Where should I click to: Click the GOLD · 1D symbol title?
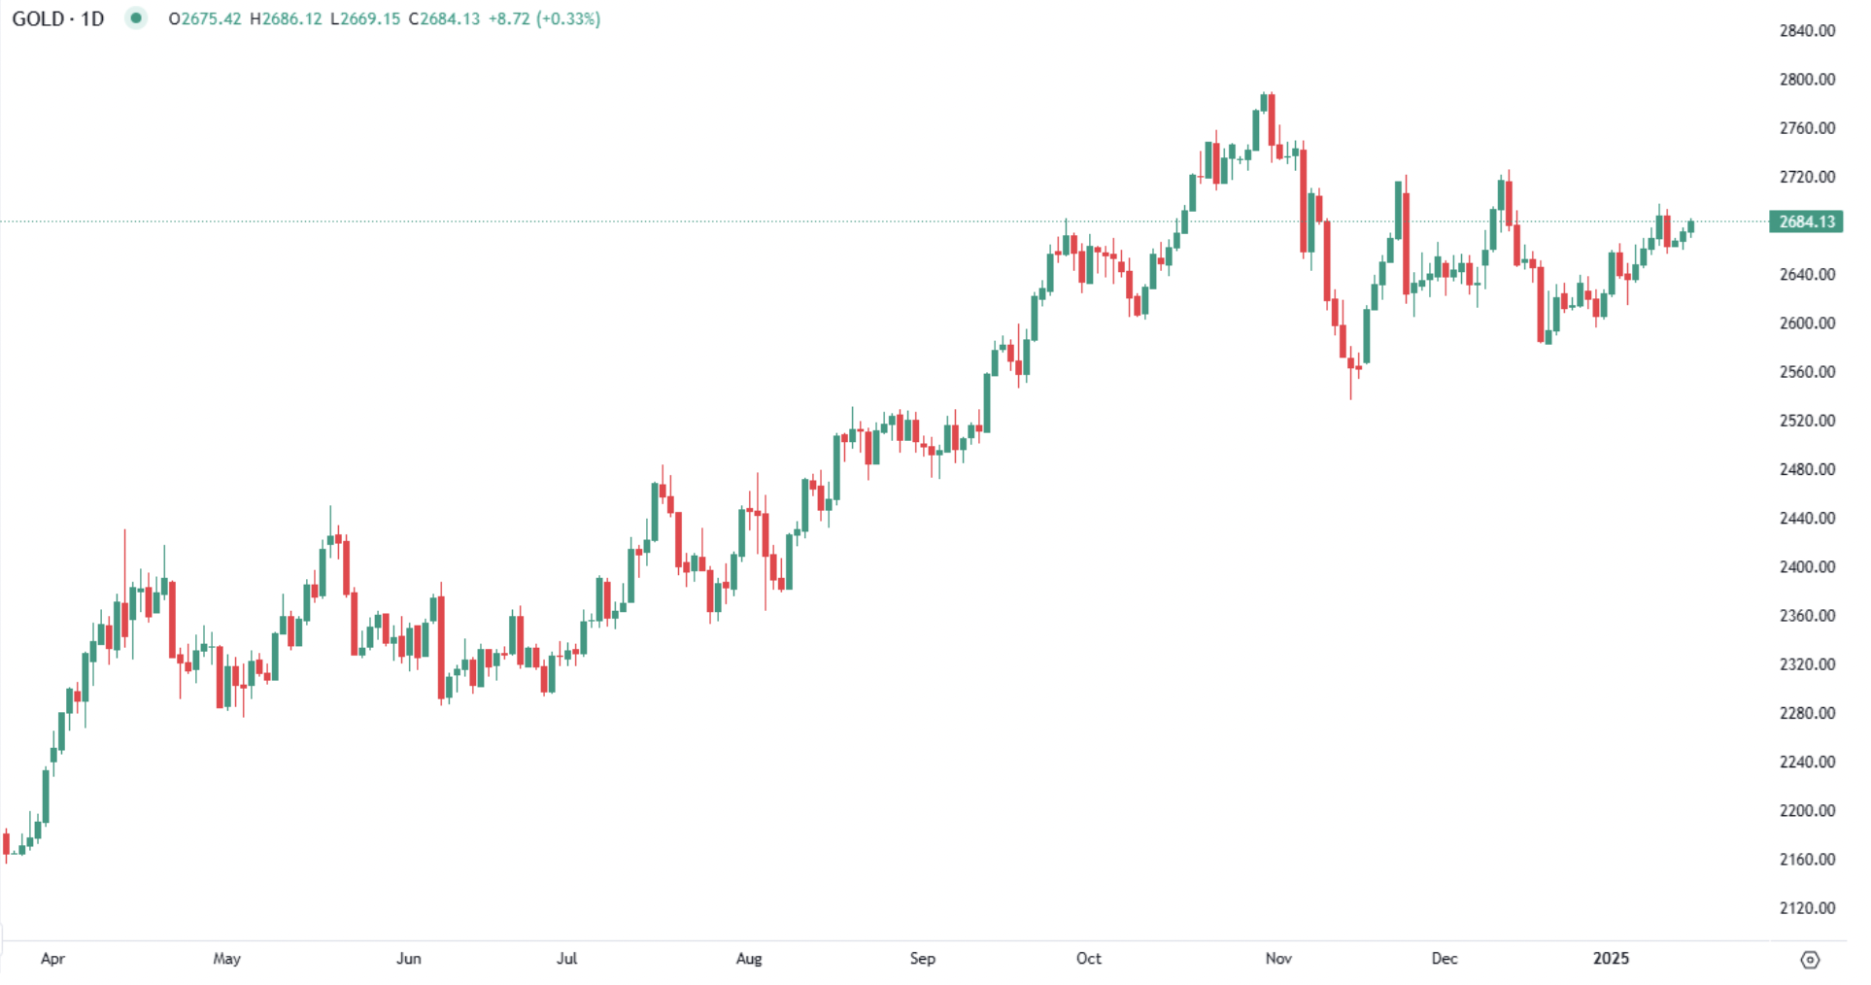pos(58,18)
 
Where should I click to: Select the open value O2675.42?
pos(205,18)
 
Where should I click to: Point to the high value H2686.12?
pos(286,18)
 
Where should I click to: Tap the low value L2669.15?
pos(365,18)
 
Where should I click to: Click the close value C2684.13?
pos(444,18)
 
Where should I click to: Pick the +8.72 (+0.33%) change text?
pos(544,18)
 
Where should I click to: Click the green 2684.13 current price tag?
pos(1806,221)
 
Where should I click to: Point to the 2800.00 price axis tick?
pos(1807,80)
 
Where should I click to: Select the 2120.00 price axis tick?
pos(1807,908)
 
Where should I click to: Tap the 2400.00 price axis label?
pos(1807,567)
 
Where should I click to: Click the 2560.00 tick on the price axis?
pos(1807,372)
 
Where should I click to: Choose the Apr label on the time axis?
pos(52,959)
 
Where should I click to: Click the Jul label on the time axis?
pos(566,959)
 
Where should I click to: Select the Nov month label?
pos(1278,959)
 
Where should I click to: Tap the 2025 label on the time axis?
pos(1611,959)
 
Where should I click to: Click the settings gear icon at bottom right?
pos(1810,960)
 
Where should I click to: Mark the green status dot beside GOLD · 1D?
pos(136,18)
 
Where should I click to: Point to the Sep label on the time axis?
pos(922,959)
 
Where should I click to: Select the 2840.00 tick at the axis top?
pos(1807,31)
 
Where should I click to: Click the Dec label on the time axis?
pos(1445,959)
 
